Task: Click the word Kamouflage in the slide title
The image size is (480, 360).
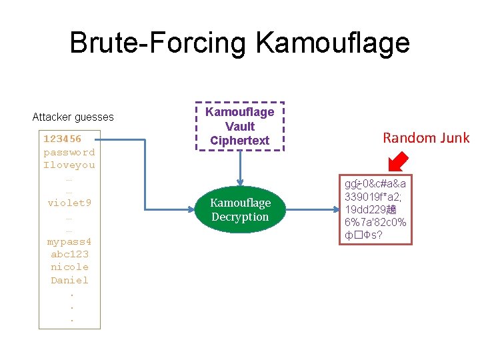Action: click(x=332, y=43)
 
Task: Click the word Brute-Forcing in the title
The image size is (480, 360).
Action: click(x=158, y=43)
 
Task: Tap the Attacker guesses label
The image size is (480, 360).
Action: click(x=73, y=117)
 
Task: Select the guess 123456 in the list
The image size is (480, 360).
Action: click(x=62, y=139)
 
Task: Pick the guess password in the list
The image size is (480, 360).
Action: click(x=69, y=152)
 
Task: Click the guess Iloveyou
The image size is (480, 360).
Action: click(x=69, y=165)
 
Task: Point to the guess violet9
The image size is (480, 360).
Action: click(x=69, y=203)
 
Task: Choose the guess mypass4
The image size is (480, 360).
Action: click(x=69, y=241)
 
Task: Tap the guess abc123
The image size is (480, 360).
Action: click(x=69, y=254)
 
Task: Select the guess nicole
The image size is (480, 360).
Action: click(x=69, y=267)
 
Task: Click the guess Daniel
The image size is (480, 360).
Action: click(x=69, y=280)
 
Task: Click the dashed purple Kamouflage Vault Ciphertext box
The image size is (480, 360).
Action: click(x=239, y=126)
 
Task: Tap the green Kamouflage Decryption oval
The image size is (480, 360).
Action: click(x=240, y=209)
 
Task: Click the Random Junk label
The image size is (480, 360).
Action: click(x=425, y=138)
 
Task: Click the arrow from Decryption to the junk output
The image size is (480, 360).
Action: click(x=313, y=209)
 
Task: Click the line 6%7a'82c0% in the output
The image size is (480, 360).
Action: click(x=375, y=222)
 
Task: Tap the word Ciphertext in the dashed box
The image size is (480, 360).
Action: click(x=239, y=141)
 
